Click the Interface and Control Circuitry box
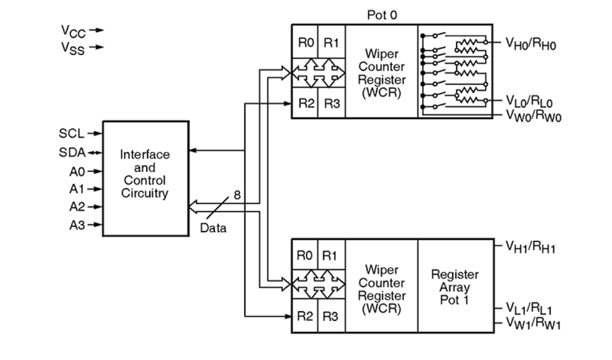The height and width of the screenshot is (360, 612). tap(145, 179)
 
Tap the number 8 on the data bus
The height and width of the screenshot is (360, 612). tap(237, 195)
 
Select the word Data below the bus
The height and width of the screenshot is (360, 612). tap(213, 227)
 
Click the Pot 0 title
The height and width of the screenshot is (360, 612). tap(382, 15)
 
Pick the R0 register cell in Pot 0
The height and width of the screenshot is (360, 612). tap(305, 42)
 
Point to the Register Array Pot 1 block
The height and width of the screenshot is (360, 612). tap(455, 286)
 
